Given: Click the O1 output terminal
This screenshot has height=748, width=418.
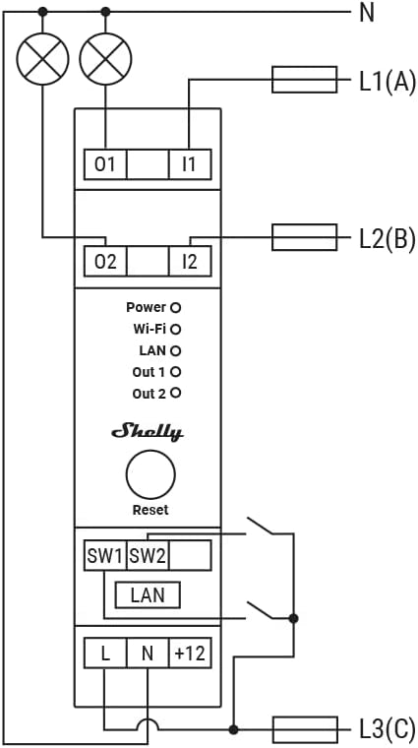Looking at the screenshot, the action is coord(105,164).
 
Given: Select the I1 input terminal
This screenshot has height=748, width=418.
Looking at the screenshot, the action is coord(190,164).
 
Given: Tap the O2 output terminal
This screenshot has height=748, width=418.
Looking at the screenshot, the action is coord(105,262).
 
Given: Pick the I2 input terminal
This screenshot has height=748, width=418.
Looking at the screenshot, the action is coord(190,262).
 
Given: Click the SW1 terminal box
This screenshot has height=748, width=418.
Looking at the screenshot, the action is coord(105,555).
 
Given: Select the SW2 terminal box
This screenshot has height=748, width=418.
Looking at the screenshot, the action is coord(148,555).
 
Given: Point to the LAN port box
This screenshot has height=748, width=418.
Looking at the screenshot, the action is coord(148,594).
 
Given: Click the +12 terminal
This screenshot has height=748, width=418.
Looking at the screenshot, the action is coord(190,654).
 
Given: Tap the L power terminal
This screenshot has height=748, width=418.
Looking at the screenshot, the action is coord(105,654).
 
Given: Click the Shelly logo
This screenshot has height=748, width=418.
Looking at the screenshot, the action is coord(148,432).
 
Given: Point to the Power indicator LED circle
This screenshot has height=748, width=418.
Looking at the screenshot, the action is coord(176,308).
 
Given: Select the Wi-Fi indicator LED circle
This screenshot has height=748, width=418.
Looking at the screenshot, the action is coord(176,329).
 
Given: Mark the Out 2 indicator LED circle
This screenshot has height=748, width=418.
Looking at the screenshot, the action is coord(176,394).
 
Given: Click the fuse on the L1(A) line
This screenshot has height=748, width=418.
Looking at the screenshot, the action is coord(305,80).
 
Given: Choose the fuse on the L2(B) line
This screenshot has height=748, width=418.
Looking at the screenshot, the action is coord(305,237).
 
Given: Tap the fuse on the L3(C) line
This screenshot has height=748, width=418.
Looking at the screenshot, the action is coord(305,729).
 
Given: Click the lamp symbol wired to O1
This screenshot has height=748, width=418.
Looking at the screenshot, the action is coord(105,59).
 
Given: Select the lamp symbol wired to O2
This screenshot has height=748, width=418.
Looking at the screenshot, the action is coord(42,59).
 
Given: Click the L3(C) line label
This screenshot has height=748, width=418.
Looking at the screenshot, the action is coord(387,731).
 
